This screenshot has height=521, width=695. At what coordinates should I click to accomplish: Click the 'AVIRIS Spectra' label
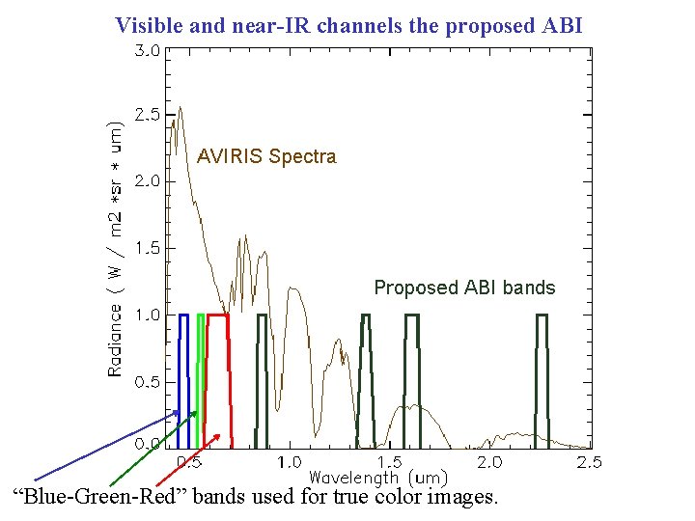pyautogui.click(x=266, y=156)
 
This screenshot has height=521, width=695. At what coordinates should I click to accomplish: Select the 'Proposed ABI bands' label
pyautogui.click(x=464, y=288)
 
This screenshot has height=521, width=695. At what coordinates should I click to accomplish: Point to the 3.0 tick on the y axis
pyautogui.click(x=147, y=51)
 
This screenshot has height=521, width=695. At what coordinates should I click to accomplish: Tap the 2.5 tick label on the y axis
pyautogui.click(x=147, y=115)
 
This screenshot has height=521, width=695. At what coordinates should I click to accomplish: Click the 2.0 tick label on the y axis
pyautogui.click(x=147, y=181)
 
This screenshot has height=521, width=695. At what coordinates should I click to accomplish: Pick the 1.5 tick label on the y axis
pyautogui.click(x=147, y=248)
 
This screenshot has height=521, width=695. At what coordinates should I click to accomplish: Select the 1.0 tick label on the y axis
pyautogui.click(x=147, y=315)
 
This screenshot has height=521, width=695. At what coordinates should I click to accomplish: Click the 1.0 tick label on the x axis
pyautogui.click(x=290, y=462)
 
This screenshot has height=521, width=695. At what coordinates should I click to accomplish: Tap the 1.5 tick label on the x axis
pyautogui.click(x=390, y=462)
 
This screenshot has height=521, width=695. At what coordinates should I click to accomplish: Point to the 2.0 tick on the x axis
pyautogui.click(x=489, y=462)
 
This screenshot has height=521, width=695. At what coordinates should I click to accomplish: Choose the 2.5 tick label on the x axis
pyautogui.click(x=589, y=462)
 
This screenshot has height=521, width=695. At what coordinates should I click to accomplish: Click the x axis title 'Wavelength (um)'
pyautogui.click(x=377, y=478)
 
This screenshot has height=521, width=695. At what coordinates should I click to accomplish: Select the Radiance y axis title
pyautogui.click(x=115, y=248)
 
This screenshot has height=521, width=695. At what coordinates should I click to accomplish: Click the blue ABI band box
pyautogui.click(x=183, y=381)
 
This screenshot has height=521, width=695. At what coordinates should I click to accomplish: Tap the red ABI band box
pyautogui.click(x=219, y=381)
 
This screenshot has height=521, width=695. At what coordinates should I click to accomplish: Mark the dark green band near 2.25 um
pyautogui.click(x=542, y=381)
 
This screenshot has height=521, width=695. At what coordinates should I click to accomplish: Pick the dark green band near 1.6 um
pyautogui.click(x=412, y=381)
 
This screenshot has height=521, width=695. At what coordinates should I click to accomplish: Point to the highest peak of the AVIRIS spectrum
pyautogui.click(x=175, y=121)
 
